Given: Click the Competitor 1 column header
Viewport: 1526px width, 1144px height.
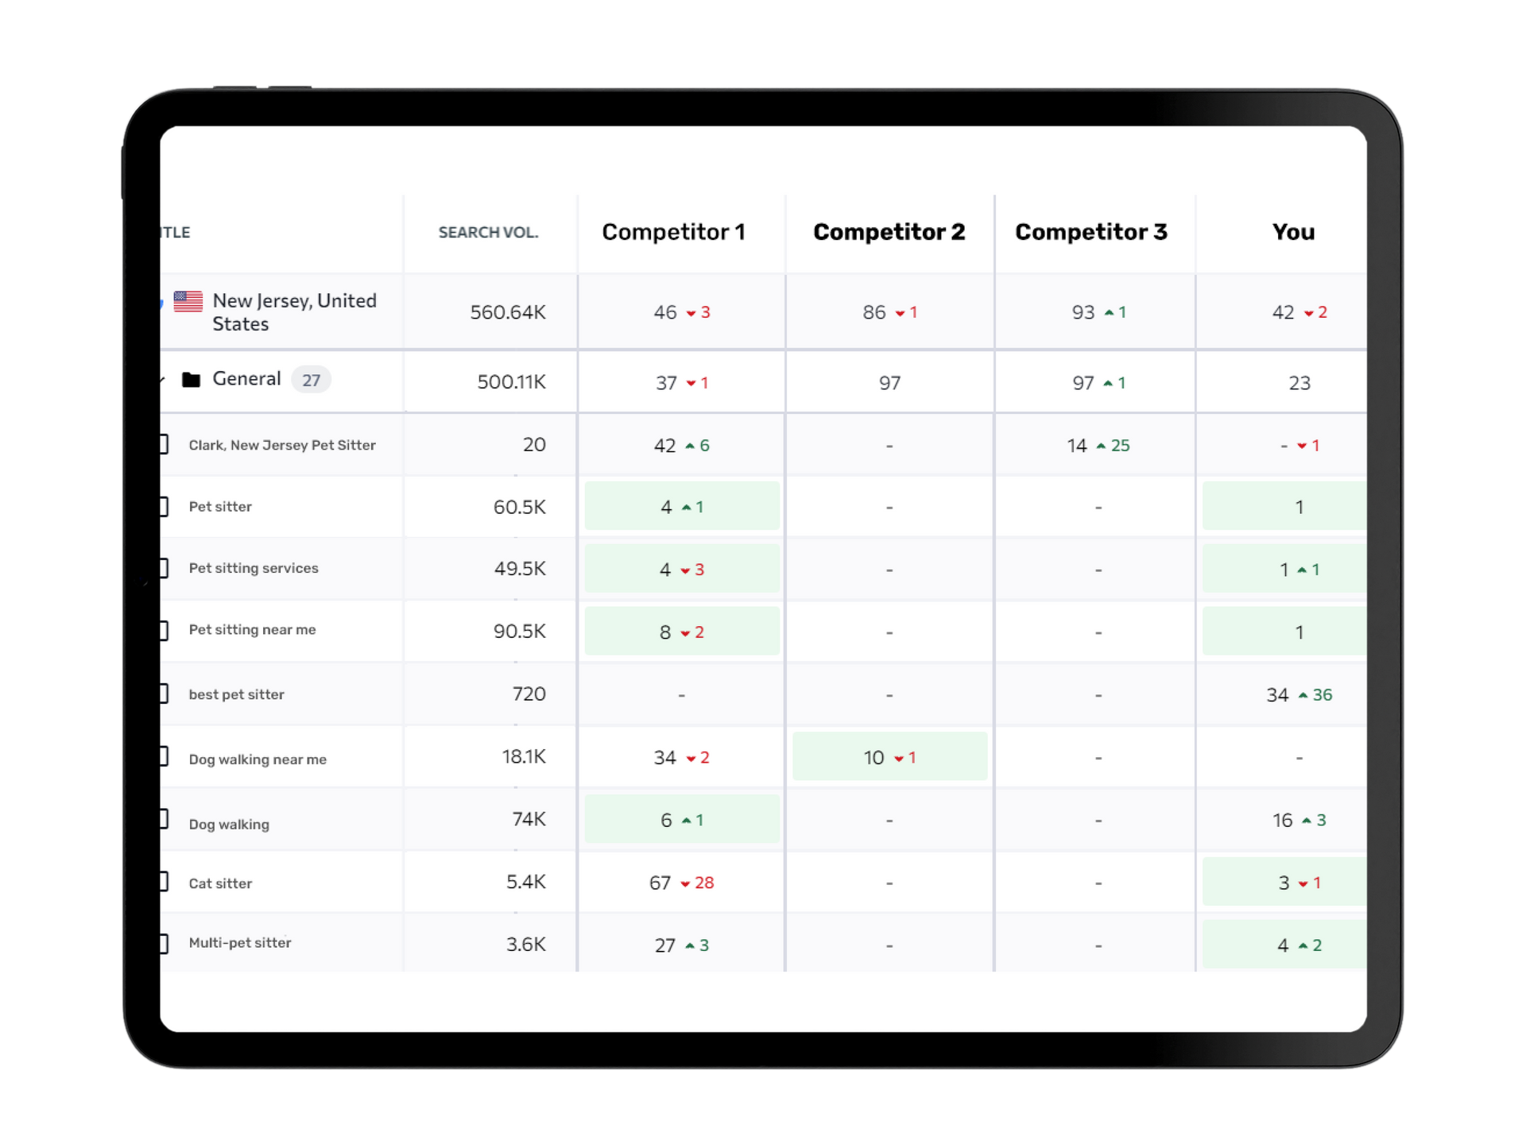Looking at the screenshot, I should click(x=673, y=232).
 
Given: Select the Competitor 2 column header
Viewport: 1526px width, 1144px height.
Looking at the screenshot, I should click(x=889, y=232).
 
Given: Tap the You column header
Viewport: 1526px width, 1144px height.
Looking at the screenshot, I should click(x=1293, y=232).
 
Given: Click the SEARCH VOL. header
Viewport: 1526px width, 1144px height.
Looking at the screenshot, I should click(x=488, y=233).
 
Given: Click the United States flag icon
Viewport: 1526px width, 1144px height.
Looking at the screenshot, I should click(x=188, y=301).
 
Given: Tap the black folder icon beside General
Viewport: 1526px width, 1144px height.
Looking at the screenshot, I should click(x=191, y=380).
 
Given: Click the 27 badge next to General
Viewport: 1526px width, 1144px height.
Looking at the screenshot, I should click(x=311, y=381).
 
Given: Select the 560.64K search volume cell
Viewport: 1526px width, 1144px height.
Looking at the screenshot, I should click(x=507, y=312).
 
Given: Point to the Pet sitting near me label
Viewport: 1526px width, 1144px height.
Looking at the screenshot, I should click(x=252, y=630).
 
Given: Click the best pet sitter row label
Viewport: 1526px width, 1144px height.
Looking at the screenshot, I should click(x=236, y=695).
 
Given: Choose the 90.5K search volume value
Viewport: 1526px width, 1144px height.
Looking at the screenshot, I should click(x=519, y=632).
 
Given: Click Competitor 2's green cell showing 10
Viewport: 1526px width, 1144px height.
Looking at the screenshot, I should click(x=889, y=757).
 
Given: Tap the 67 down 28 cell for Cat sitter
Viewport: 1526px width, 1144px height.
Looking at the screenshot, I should click(x=681, y=883).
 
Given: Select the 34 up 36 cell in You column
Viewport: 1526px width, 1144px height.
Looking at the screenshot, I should click(x=1299, y=695).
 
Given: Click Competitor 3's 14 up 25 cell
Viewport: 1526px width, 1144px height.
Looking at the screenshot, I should click(x=1098, y=446).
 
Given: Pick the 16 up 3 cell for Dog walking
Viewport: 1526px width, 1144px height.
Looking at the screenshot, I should click(x=1299, y=820).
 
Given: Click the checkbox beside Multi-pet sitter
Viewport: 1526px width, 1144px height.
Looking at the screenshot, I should click(x=163, y=944).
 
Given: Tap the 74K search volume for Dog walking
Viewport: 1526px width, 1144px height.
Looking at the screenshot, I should click(x=529, y=819).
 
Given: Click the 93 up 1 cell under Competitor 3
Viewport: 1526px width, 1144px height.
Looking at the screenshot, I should click(x=1098, y=312).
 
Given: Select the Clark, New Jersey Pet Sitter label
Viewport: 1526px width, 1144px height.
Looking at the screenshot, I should click(x=282, y=446).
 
